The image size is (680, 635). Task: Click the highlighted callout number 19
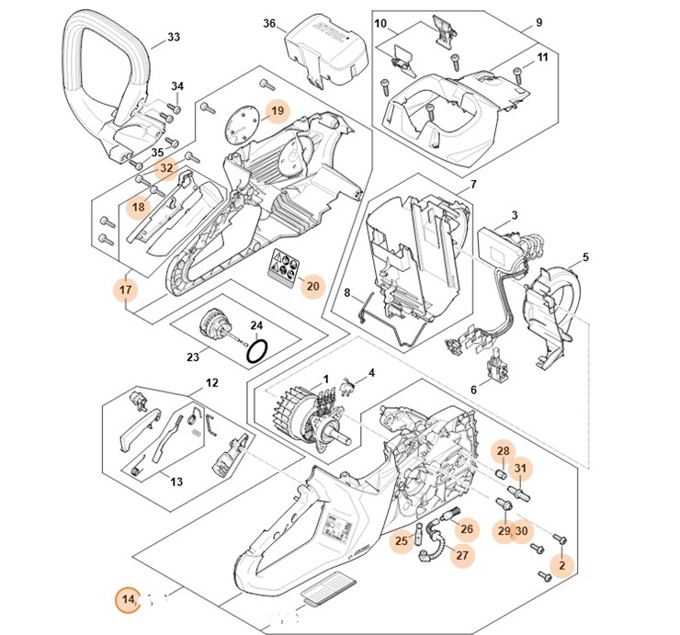[x=277, y=111]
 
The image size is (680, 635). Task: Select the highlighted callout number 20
[x=312, y=286]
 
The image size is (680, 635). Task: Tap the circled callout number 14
[x=129, y=600]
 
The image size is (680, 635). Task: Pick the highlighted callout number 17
[x=126, y=290]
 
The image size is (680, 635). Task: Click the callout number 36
[x=269, y=23]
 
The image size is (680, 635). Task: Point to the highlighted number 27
[x=461, y=555]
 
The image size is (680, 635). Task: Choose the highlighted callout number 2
[x=562, y=565]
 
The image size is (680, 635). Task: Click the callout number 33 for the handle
[x=174, y=39]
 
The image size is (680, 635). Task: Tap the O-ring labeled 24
[x=260, y=350]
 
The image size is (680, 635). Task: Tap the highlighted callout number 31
[x=521, y=470]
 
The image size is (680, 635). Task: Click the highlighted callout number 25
[x=402, y=541]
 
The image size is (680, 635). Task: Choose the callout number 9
[x=539, y=23]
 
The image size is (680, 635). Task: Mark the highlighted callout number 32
[x=166, y=169]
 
